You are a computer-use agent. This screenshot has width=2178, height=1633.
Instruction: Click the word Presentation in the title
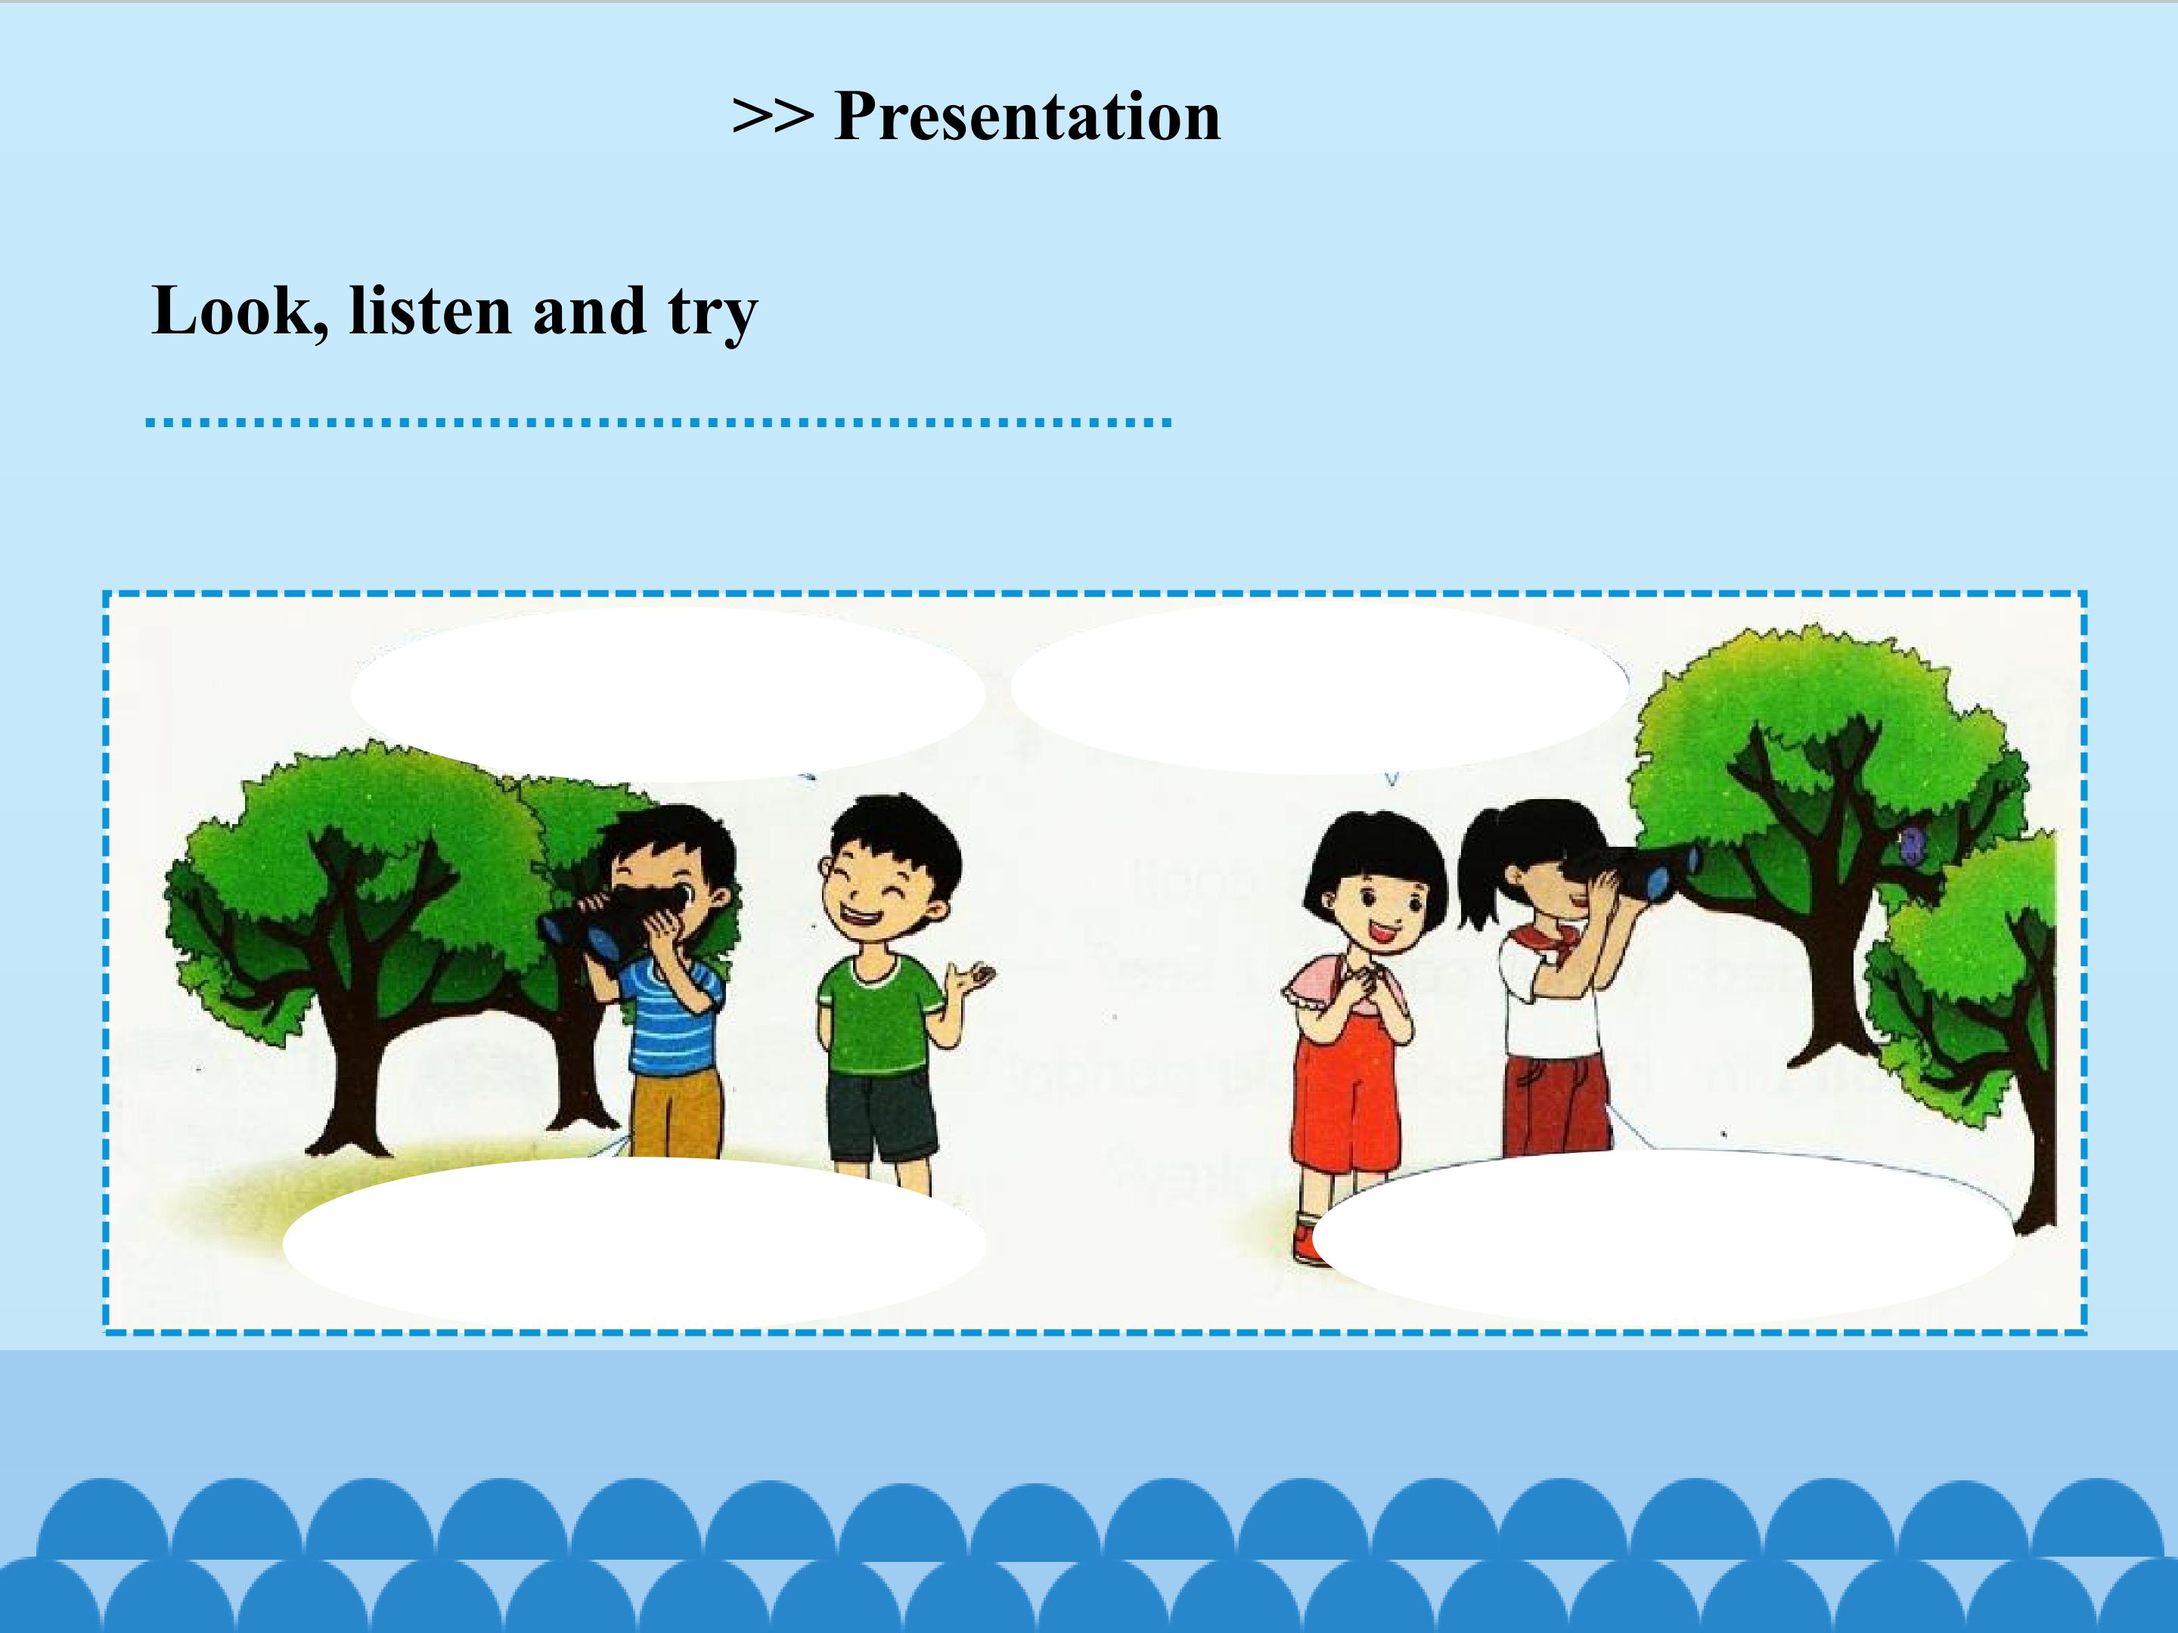click(1027, 117)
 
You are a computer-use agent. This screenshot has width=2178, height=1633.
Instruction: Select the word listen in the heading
click(430, 311)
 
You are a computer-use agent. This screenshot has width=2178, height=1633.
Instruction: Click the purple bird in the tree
click(1913, 844)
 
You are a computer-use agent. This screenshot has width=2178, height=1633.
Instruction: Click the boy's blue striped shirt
click(669, 1014)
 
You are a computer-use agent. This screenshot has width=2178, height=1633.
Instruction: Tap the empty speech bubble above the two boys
click(669, 694)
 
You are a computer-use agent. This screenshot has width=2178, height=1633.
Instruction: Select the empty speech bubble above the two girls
click(1320, 687)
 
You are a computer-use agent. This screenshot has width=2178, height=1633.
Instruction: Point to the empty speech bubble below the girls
click(1664, 1236)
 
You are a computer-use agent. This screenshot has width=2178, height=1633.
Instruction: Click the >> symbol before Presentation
click(773, 117)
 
